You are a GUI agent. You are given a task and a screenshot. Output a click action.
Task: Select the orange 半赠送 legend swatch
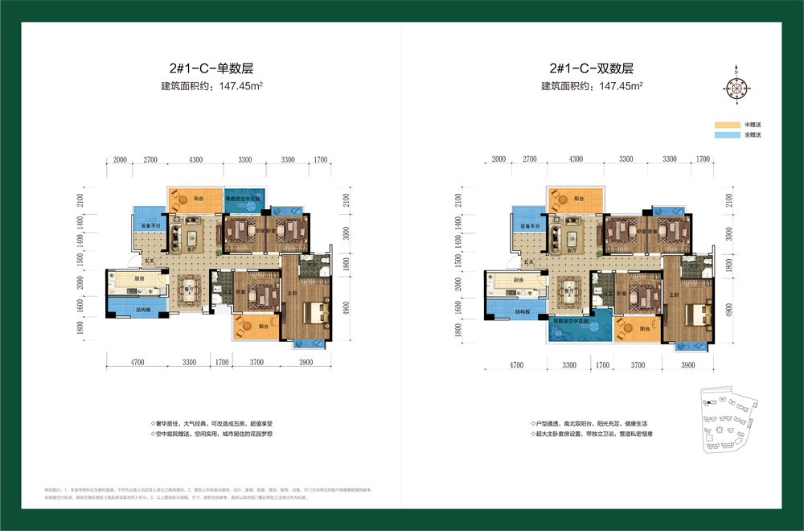(x=726, y=125)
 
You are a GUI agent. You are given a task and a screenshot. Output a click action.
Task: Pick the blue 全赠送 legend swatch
(x=726, y=135)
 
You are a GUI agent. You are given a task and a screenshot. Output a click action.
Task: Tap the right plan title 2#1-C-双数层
(x=592, y=68)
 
